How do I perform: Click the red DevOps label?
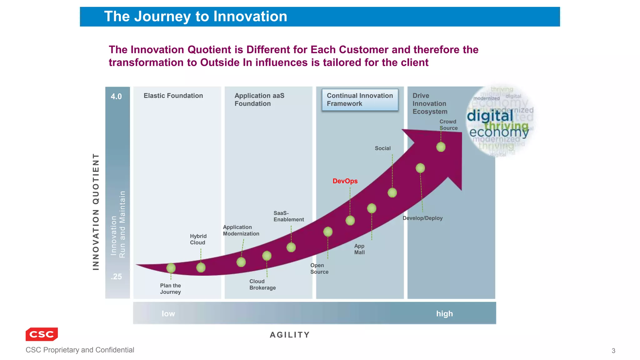(345, 181)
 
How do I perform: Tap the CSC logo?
(42, 334)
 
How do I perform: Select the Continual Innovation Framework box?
(360, 100)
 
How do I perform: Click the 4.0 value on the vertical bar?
(116, 97)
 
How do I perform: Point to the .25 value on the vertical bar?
(116, 277)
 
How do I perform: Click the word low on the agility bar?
(168, 313)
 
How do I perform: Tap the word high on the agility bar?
(444, 313)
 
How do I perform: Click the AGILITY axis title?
(290, 335)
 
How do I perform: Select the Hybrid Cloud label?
(198, 239)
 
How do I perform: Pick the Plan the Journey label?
(170, 289)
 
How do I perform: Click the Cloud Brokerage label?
(262, 284)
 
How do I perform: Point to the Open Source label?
(319, 268)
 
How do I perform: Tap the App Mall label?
(359, 249)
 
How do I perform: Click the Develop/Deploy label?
(422, 218)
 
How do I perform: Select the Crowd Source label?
(448, 125)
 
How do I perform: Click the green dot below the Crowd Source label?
(441, 147)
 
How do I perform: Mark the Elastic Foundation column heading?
(173, 96)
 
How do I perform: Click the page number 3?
(613, 351)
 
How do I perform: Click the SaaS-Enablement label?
(288, 216)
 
